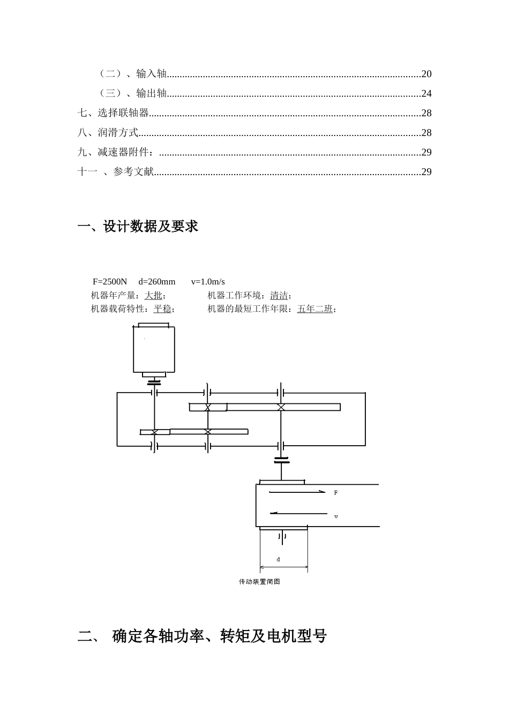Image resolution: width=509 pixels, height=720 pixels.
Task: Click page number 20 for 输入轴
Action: (426, 74)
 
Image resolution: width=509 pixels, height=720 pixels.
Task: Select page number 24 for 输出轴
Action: (426, 94)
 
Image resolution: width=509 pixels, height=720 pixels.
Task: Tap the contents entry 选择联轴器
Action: (123, 113)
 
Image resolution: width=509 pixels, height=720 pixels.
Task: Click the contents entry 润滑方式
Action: (118, 133)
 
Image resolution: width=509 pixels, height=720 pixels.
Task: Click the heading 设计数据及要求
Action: (151, 227)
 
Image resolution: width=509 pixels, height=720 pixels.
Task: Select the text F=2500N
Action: (110, 282)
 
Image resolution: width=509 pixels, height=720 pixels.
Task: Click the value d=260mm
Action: (157, 282)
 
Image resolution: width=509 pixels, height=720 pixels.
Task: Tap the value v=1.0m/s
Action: (208, 282)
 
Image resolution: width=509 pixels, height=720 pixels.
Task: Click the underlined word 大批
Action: (153, 296)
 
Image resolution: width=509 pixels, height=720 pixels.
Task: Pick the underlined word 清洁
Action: (279, 296)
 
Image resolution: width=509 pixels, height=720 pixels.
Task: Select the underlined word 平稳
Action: (162, 309)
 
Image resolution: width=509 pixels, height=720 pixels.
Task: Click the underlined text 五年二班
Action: (315, 309)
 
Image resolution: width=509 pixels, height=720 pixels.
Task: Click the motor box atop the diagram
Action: (154, 349)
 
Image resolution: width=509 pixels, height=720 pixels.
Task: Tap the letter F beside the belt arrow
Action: (336, 493)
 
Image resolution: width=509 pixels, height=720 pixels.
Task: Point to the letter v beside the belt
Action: (336, 517)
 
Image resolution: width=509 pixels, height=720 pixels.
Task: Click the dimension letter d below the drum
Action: (278, 559)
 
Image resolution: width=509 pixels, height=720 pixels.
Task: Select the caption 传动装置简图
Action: (259, 582)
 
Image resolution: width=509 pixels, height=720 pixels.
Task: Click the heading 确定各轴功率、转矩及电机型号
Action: (220, 636)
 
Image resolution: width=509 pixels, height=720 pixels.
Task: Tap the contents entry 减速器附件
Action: (123, 153)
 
